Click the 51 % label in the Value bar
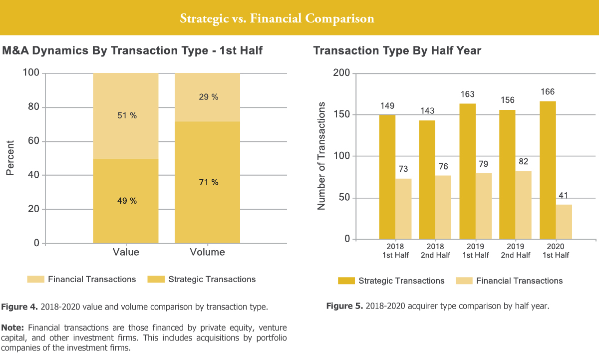click(x=126, y=116)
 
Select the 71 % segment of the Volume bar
click(x=207, y=182)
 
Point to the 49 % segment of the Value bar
click(x=126, y=201)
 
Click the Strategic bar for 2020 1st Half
click(x=548, y=170)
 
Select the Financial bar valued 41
click(x=564, y=222)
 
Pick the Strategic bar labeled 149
click(x=387, y=177)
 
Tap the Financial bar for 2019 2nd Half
click(x=524, y=205)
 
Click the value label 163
click(x=467, y=94)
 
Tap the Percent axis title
click(x=10, y=158)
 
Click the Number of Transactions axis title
click(x=321, y=156)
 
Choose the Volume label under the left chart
click(x=207, y=252)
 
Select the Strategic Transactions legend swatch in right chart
click(x=346, y=281)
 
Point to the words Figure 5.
click(x=344, y=306)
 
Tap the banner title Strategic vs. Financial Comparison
click(x=277, y=19)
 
